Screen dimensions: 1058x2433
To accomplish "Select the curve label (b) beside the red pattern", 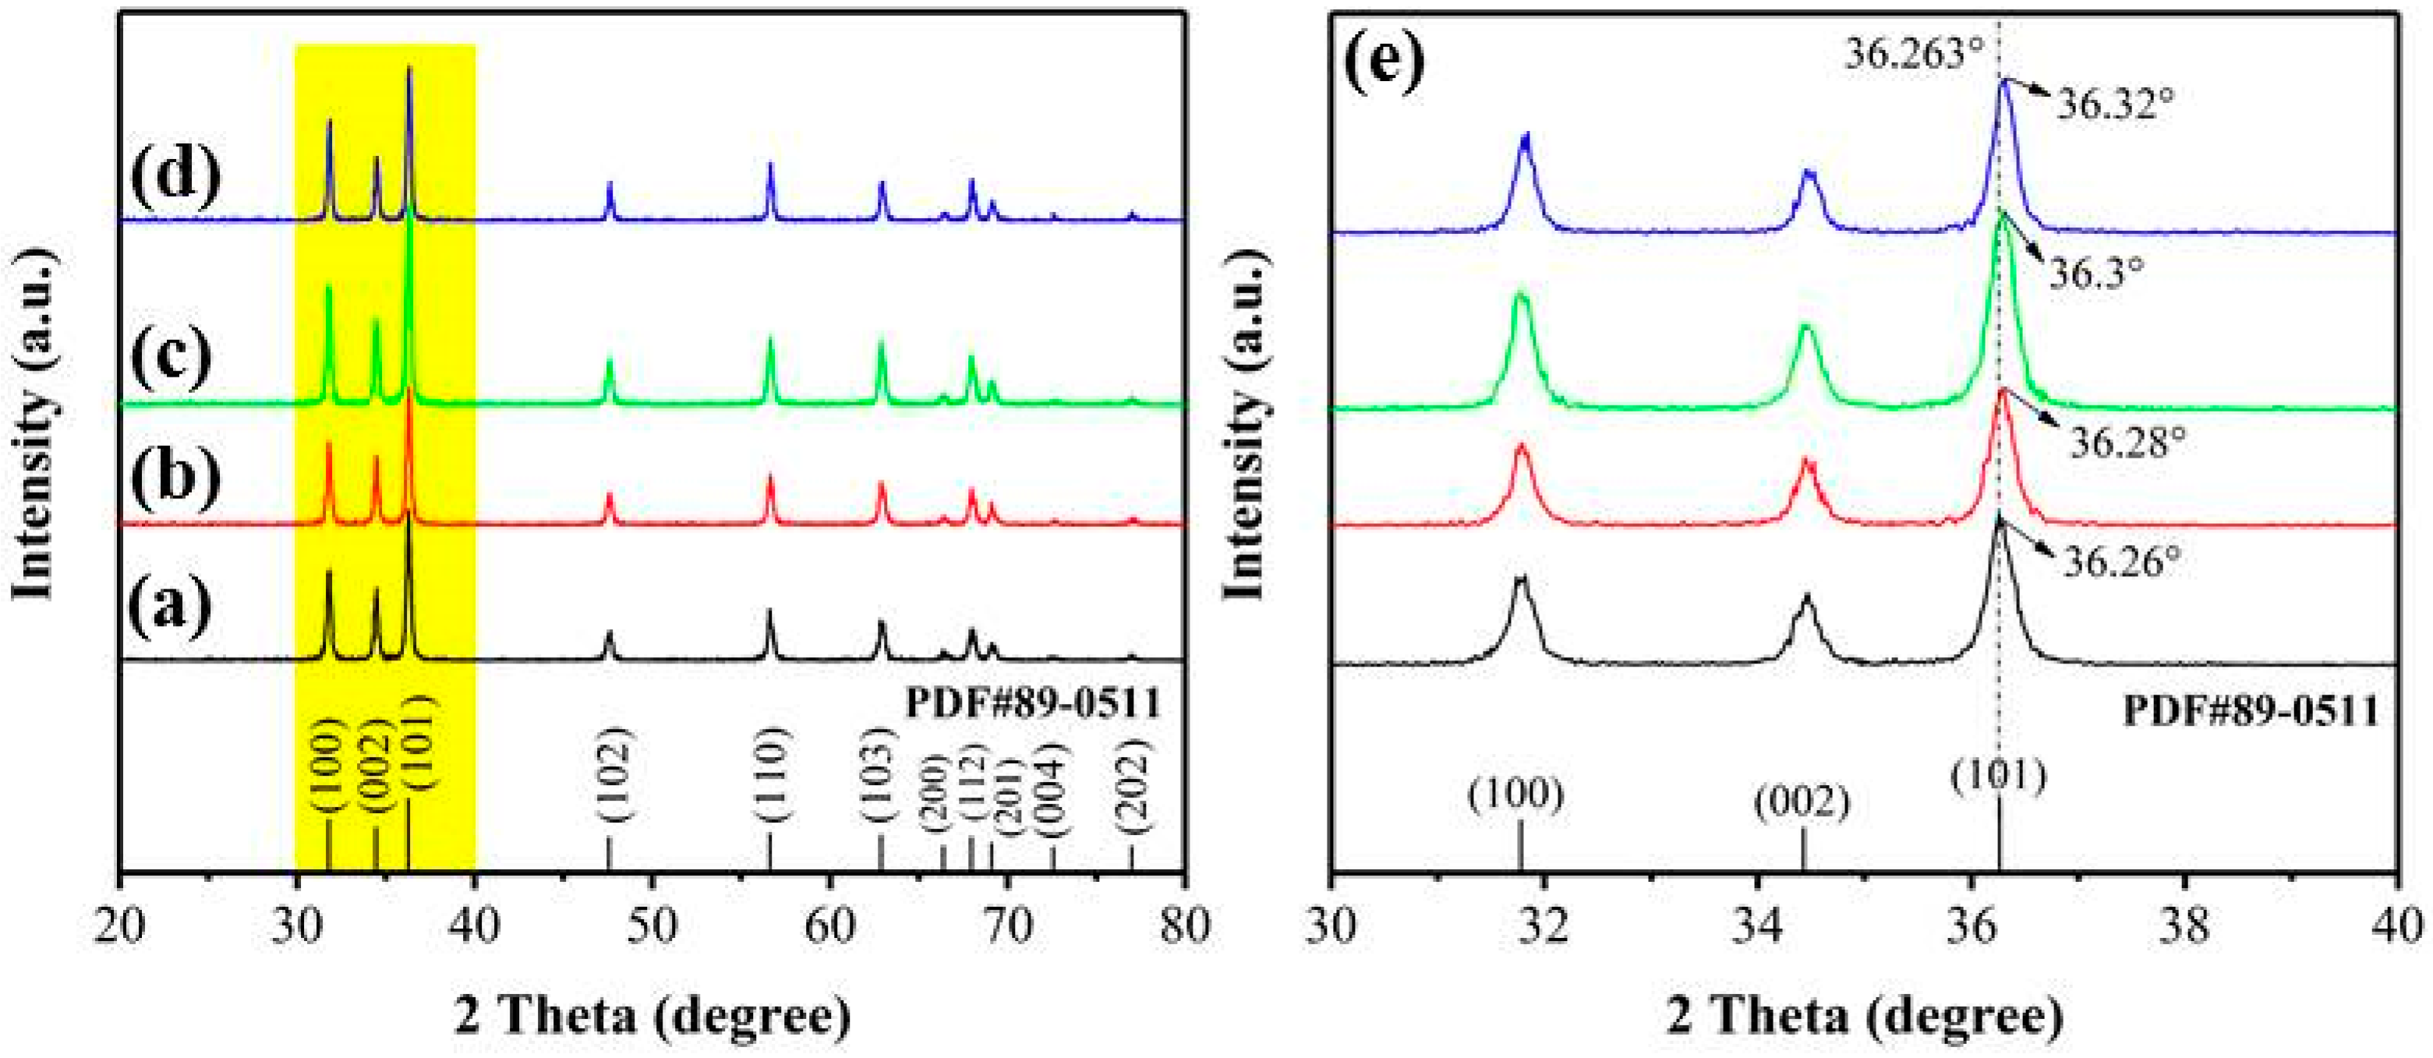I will tap(175, 473).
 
